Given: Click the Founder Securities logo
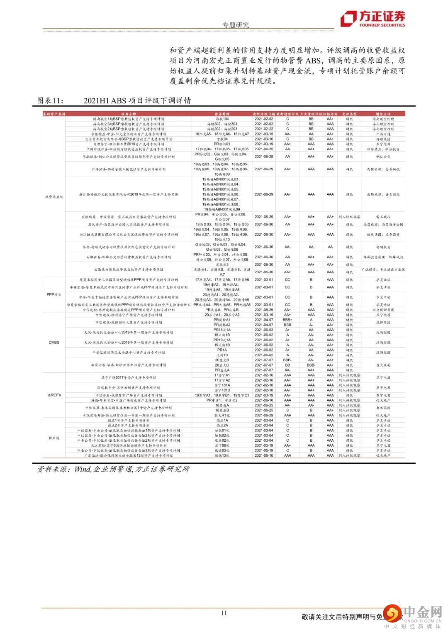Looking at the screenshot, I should tap(373, 19).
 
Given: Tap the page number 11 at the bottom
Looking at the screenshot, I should tap(224, 613).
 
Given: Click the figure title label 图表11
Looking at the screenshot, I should tap(51, 100).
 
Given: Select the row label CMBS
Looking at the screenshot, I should tap(54, 343).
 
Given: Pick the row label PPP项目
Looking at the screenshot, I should tap(54, 294).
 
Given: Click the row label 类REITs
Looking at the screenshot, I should tap(54, 395).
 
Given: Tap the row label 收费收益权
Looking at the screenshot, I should tap(54, 197).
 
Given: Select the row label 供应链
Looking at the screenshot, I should tap(54, 438).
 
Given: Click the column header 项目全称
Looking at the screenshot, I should tap(129, 114).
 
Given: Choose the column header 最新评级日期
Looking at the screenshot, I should tap(264, 114).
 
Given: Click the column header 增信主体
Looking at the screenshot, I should tap(383, 114).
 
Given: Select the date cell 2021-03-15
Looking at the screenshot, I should tap(264, 134).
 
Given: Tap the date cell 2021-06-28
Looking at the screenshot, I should tap(264, 157).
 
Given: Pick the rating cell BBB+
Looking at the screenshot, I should tap(287, 320).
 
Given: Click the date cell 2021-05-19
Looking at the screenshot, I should tap(264, 450).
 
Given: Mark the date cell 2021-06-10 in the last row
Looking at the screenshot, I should tap(264, 455).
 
